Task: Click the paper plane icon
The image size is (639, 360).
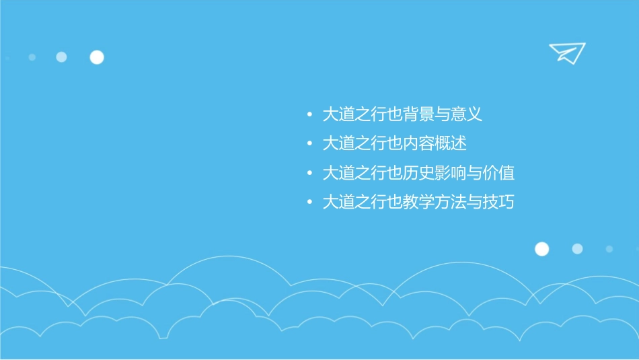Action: click(x=566, y=52)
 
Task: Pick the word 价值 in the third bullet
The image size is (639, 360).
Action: click(x=498, y=173)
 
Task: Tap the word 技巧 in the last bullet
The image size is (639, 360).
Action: click(x=498, y=202)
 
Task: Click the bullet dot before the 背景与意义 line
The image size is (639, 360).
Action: click(x=309, y=115)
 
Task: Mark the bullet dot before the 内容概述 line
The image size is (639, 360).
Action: click(x=309, y=144)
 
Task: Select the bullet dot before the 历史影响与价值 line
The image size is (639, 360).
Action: click(x=309, y=174)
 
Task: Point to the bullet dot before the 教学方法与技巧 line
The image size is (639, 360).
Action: click(x=309, y=203)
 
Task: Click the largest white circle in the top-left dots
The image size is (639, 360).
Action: click(x=97, y=57)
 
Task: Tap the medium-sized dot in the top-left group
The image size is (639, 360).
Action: click(x=61, y=57)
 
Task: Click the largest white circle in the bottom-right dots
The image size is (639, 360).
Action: click(x=541, y=249)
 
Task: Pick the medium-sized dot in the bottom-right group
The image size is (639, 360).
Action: click(x=577, y=249)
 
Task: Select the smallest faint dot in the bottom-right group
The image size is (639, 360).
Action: click(x=609, y=249)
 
